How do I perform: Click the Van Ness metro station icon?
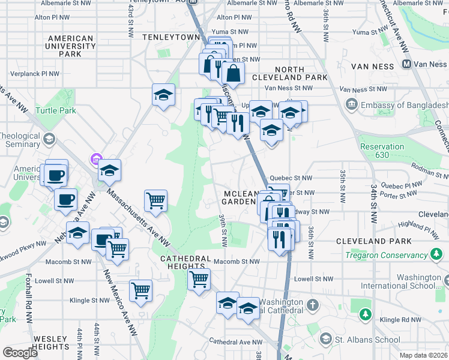(406, 64)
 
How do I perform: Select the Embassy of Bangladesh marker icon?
(351, 105)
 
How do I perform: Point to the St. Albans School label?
(368, 340)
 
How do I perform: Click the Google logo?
(20, 353)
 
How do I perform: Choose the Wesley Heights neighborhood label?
(50, 343)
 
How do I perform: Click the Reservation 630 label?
(382, 151)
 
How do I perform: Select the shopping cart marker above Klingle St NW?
(140, 290)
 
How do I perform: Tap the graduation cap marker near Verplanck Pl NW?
(163, 95)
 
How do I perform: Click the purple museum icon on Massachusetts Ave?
(95, 159)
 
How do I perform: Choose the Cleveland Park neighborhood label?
(373, 241)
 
